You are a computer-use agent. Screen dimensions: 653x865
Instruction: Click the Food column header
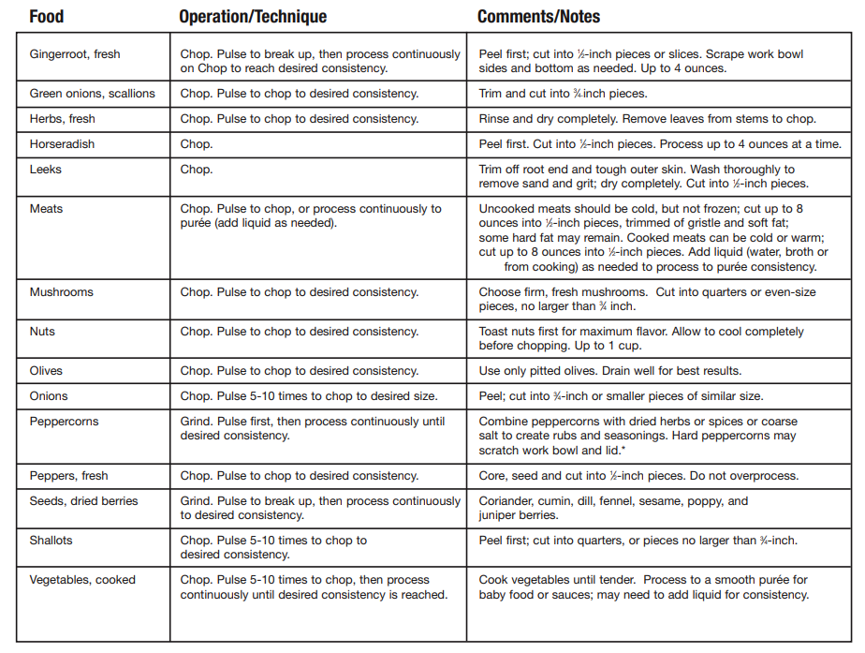pos(47,17)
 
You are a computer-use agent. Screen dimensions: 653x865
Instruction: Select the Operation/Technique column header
pos(253,17)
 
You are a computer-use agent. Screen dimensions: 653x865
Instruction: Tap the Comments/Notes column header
pos(538,17)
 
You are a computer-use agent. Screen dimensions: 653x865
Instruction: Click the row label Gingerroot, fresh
pos(75,54)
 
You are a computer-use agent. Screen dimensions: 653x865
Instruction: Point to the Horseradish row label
pos(62,144)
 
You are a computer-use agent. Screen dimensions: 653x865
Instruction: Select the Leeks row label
pos(46,170)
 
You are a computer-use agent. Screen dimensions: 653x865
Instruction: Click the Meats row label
pos(48,209)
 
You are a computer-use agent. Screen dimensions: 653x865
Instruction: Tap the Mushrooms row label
pos(61,292)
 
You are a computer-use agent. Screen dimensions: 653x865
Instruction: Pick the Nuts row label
pos(42,332)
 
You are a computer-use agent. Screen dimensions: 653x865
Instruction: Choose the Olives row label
pos(47,371)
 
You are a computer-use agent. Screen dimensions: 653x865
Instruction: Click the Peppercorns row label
pos(64,422)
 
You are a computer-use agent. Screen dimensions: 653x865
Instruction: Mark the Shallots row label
pos(51,541)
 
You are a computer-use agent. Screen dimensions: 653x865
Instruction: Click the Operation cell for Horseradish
pos(197,144)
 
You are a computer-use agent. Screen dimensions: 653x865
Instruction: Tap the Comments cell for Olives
pos(609,371)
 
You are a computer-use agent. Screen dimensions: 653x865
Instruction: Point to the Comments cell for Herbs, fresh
pos(647,119)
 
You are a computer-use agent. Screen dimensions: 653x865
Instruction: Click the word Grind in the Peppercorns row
pos(197,422)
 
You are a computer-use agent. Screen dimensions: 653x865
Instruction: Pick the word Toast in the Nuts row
pos(494,332)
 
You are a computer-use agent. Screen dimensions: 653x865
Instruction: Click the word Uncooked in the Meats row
pos(508,209)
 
